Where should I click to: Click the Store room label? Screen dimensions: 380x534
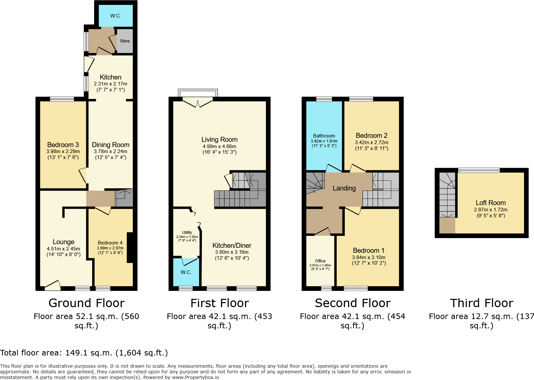coord(125,41)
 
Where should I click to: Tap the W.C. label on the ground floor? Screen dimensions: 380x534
coord(116,16)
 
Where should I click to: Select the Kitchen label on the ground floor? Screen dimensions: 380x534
coord(110,77)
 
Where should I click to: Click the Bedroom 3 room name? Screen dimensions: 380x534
coord(63,145)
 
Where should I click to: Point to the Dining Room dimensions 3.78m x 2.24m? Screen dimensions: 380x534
coord(110,151)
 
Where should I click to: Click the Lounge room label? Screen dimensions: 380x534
coord(63,242)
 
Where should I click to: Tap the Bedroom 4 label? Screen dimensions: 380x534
coord(110,243)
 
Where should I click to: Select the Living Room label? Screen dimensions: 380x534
coord(219,139)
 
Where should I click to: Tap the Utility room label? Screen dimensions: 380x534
coord(187,233)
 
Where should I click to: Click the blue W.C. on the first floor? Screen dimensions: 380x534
coord(186,272)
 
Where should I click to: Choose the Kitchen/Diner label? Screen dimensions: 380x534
coord(232,245)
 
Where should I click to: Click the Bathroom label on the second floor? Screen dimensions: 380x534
coord(324,136)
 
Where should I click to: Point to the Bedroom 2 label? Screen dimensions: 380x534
coord(372,136)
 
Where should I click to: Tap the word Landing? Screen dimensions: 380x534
coord(344,188)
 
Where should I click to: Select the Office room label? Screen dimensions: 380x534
coord(320,261)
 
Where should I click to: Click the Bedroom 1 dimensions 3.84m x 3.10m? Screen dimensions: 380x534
coord(369,257)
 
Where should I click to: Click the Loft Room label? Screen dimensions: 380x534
coord(491,203)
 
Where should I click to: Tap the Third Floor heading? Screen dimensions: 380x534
coord(481,303)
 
